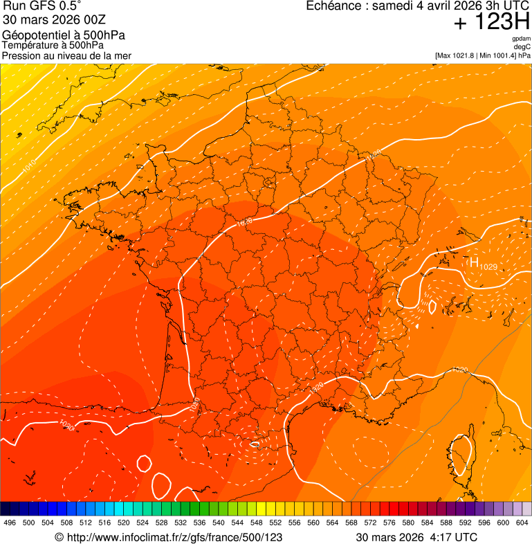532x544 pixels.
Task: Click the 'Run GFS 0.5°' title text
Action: click(x=42, y=7)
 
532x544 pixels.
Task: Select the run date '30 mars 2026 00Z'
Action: click(x=53, y=20)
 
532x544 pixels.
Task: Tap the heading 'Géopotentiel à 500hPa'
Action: click(x=64, y=35)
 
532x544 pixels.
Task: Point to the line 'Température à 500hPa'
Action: click(x=53, y=46)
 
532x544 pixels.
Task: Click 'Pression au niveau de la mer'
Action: click(x=66, y=56)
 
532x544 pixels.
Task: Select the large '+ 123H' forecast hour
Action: click(x=492, y=23)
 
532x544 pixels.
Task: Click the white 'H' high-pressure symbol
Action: click(x=474, y=262)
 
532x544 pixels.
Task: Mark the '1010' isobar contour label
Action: click(x=28, y=168)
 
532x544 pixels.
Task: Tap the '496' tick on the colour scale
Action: click(x=10, y=523)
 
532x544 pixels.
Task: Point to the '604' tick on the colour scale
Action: click(x=522, y=523)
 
